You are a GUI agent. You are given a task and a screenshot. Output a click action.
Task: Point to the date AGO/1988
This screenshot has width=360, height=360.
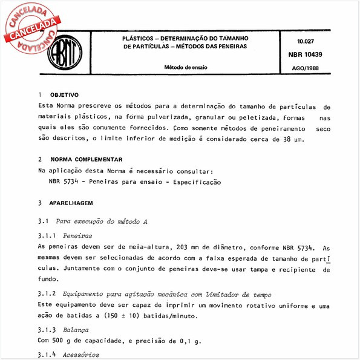pos(310,68)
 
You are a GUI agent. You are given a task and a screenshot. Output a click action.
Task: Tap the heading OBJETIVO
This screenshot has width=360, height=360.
pos(64,96)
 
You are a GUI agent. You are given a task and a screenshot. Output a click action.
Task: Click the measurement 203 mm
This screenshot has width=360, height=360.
pos(178,247)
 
